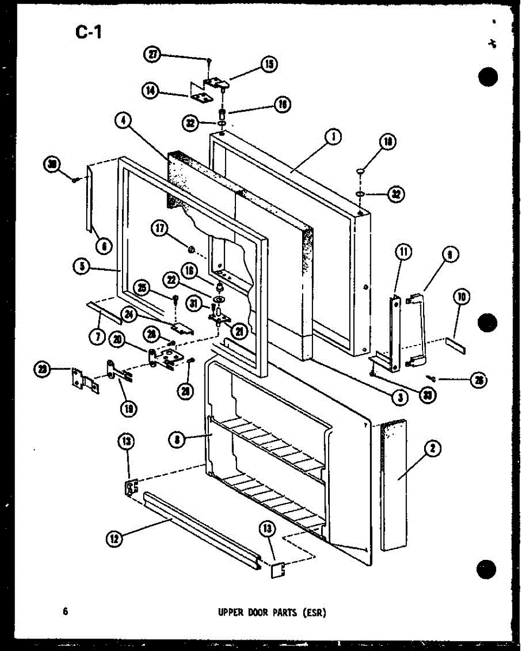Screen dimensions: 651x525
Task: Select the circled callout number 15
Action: point(268,65)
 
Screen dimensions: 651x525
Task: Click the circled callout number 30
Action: point(53,165)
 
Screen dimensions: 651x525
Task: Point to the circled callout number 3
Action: point(399,397)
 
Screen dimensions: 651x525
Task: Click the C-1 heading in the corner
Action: point(88,33)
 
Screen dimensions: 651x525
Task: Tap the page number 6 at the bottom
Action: point(65,611)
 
